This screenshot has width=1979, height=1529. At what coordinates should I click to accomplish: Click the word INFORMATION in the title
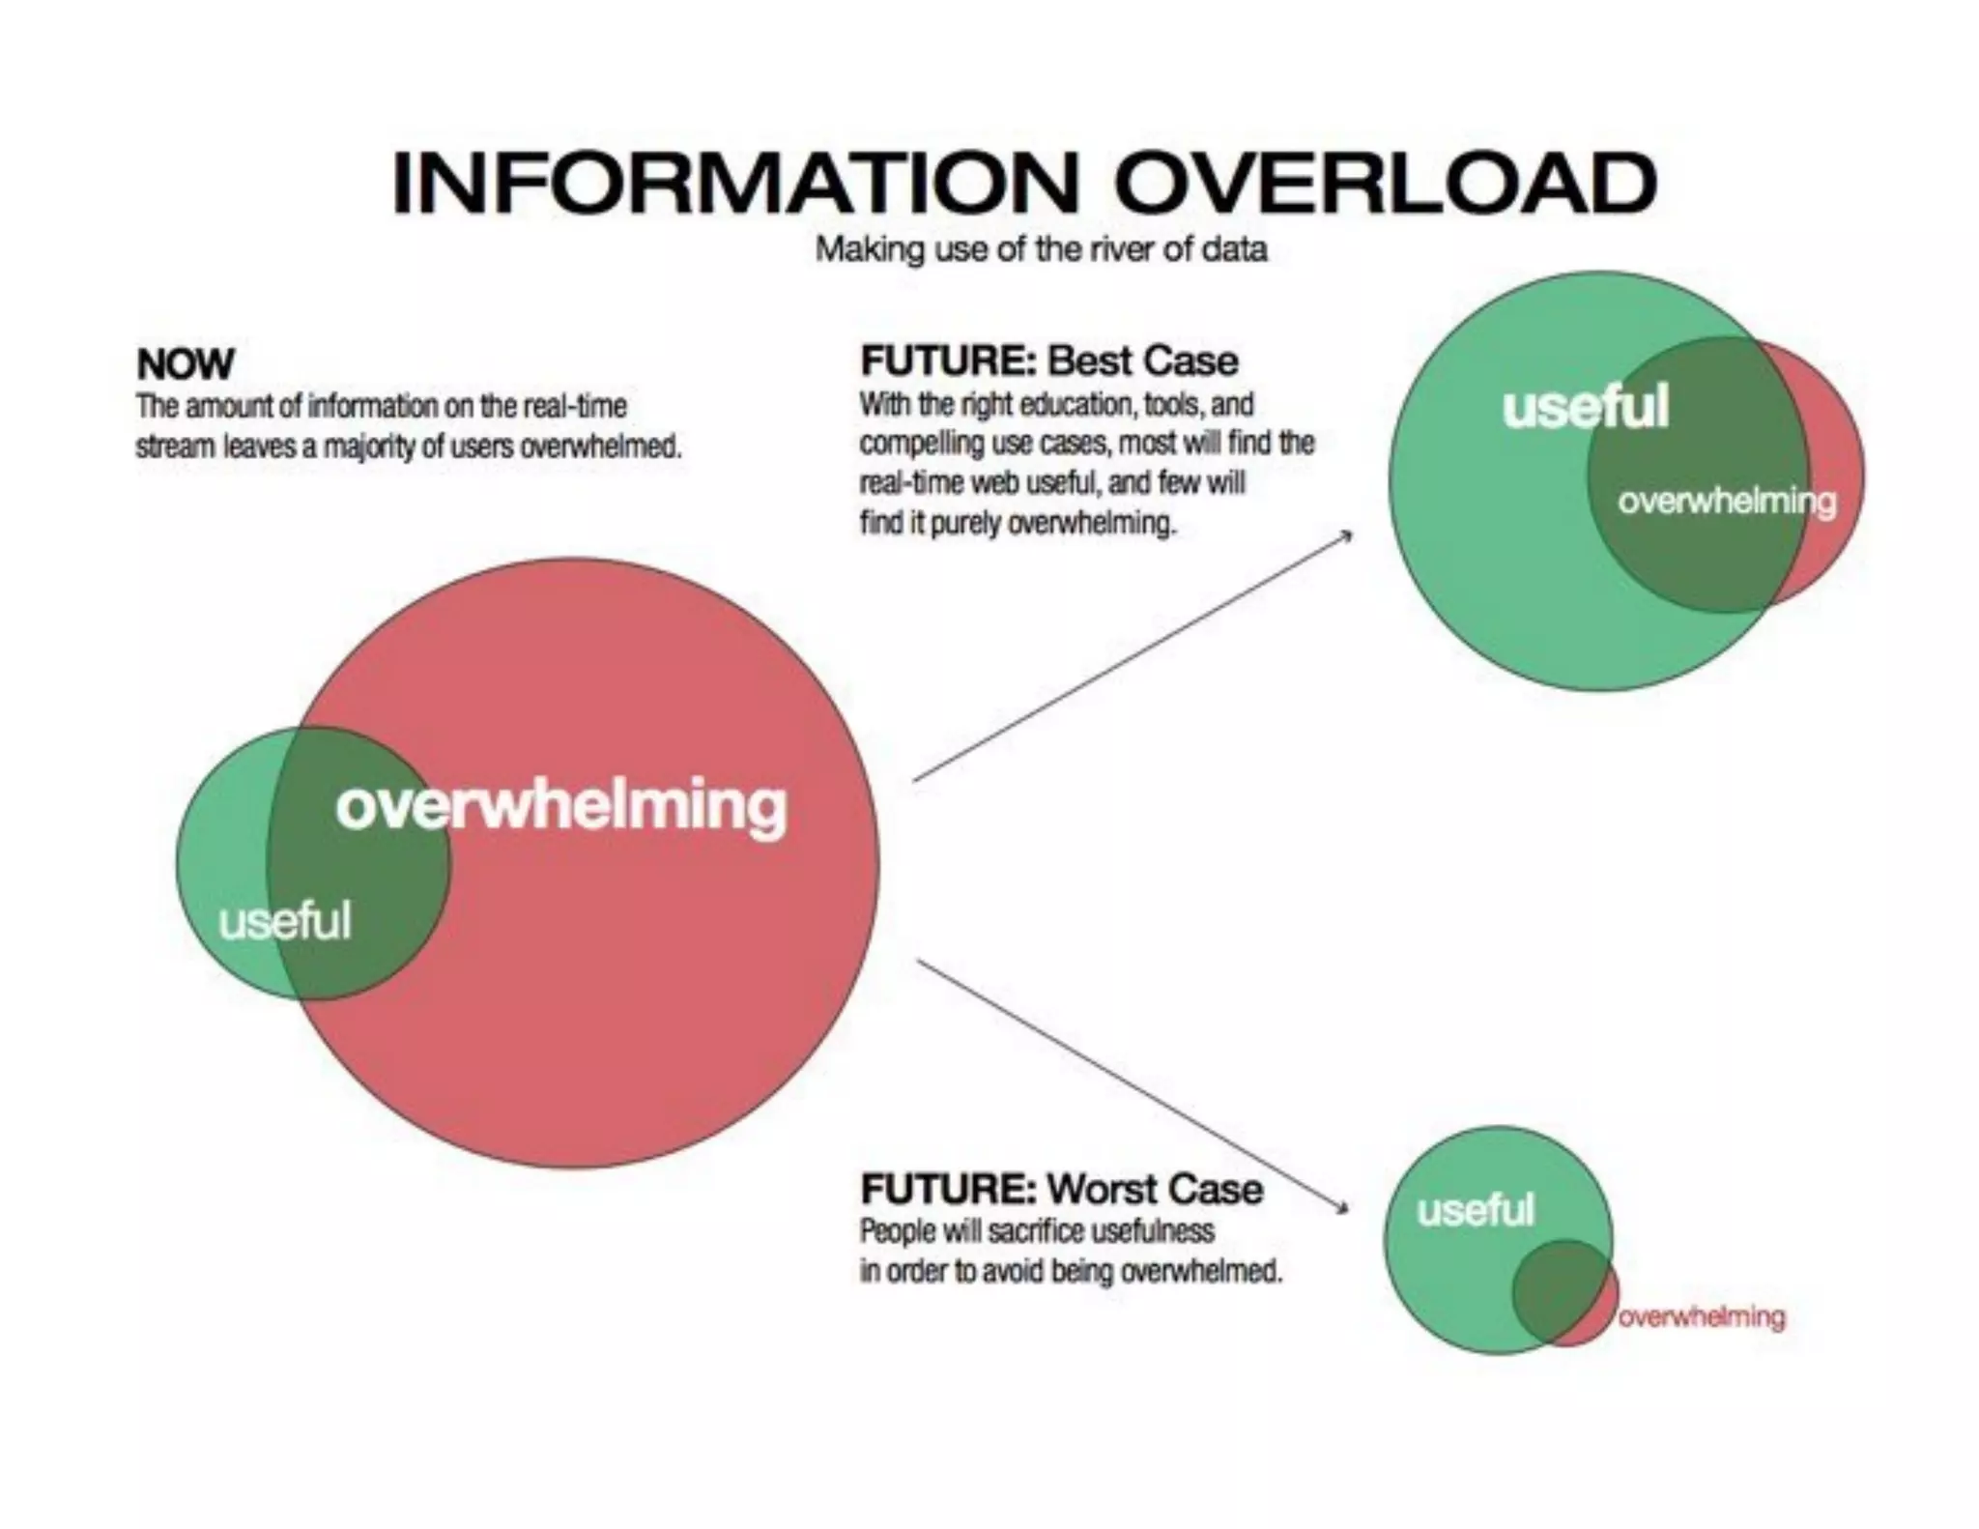(x=734, y=183)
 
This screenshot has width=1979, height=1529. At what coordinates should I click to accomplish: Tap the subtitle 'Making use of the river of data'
(x=1041, y=249)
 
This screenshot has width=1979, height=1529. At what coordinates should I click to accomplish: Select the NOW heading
(x=185, y=363)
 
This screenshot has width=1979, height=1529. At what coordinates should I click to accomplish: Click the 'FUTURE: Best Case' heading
(x=1048, y=361)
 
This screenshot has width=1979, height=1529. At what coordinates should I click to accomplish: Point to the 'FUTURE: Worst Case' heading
(x=1061, y=1189)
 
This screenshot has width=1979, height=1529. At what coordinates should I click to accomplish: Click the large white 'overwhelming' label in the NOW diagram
(x=560, y=805)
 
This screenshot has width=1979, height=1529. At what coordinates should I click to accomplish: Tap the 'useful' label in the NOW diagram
(x=284, y=920)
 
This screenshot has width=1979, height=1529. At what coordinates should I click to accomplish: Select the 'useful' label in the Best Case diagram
(x=1585, y=406)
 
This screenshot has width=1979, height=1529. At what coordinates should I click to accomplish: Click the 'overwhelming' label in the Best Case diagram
(x=1726, y=501)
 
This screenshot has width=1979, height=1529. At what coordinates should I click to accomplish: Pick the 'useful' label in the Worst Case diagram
(x=1475, y=1209)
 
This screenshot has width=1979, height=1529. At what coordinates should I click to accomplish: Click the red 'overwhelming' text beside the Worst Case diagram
(x=1701, y=1316)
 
